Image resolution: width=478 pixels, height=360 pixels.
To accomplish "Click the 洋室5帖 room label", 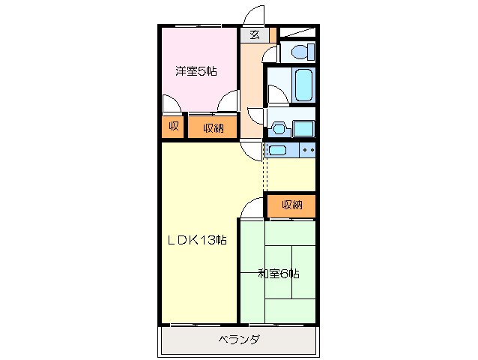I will [196, 72].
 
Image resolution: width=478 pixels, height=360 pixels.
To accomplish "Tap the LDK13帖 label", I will [196, 240].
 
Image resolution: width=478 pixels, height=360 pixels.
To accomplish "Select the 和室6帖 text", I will [279, 274].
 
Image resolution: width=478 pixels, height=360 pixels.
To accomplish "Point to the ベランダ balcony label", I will [239, 340].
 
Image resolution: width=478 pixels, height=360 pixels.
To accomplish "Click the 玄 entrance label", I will [255, 34].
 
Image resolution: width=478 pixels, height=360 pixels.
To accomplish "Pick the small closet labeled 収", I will [172, 127].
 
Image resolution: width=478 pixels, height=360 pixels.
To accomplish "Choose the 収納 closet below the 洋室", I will [213, 127].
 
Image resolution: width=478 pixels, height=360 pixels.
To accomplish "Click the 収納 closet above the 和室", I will [291, 205].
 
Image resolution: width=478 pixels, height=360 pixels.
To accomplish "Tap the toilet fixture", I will [300, 52].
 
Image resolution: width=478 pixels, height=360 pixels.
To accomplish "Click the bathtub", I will [303, 85].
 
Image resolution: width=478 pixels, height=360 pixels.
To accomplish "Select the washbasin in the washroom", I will [279, 128].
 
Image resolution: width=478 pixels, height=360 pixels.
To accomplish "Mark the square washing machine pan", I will [303, 127].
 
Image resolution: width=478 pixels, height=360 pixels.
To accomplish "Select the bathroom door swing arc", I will [276, 94].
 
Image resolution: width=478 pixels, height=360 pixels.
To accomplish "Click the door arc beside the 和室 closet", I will [253, 206].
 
